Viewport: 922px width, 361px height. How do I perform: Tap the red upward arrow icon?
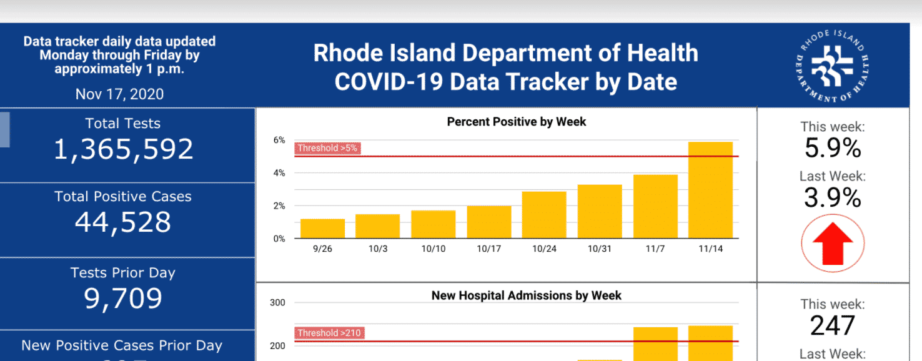coord(833,244)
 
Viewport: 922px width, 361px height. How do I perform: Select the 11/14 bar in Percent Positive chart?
coord(710,190)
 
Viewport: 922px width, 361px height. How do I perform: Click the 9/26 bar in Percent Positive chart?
coord(322,229)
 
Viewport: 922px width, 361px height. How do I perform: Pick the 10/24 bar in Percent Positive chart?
coord(544,215)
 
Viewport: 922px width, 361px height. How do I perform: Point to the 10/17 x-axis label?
coord(489,249)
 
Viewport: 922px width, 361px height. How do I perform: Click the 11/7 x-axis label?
coord(655,249)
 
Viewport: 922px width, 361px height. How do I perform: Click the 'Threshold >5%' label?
coord(327,149)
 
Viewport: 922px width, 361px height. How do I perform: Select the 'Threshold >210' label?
coord(329,333)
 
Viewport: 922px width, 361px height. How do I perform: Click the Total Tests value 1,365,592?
coord(123,150)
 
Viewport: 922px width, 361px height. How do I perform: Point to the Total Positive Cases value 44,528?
coord(123,222)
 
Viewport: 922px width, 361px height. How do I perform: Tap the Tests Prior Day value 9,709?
coord(123,299)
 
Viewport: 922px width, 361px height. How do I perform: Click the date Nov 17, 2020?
coord(119,94)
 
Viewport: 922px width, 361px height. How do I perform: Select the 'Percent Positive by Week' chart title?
coord(517,122)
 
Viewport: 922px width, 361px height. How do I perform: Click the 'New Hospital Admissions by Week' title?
coord(526,295)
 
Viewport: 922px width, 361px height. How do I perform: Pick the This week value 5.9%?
coord(833,149)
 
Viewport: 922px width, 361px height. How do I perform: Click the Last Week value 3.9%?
coord(833,198)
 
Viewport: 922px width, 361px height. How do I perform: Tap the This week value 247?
coord(833,326)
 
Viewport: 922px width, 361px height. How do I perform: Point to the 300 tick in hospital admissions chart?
coord(277,303)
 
